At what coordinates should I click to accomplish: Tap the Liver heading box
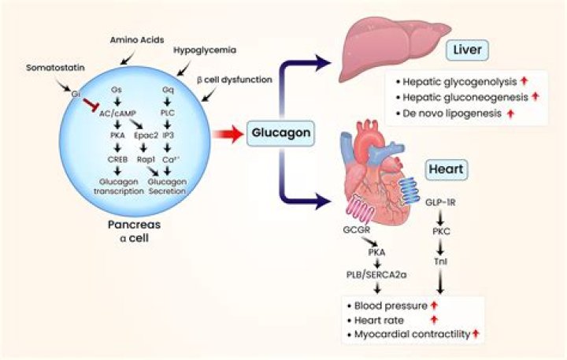(x=466, y=51)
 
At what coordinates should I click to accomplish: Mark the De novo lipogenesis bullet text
(x=448, y=114)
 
